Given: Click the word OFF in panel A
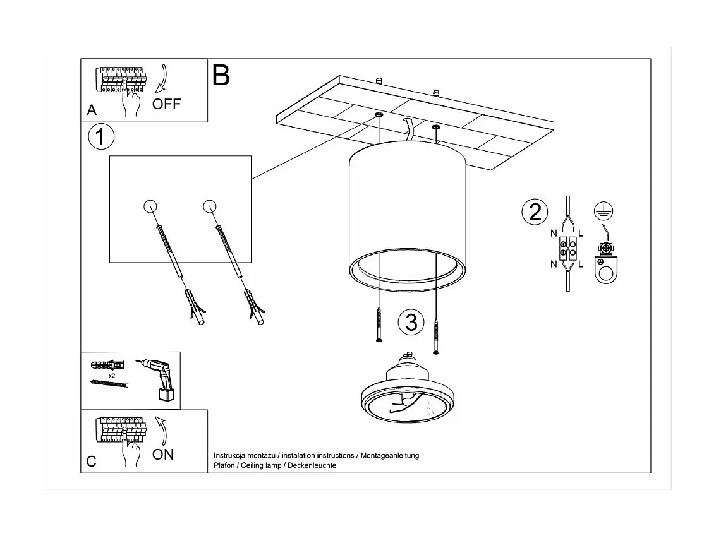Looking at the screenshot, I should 166,104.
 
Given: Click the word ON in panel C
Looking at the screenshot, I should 163,454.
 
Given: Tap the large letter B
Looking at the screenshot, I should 221,75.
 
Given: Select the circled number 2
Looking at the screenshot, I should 535,212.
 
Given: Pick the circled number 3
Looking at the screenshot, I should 411,323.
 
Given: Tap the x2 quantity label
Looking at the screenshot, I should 112,375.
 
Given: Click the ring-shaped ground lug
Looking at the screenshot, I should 605,271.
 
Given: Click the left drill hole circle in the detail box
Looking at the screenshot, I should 150,206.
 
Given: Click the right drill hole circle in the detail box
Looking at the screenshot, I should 210,206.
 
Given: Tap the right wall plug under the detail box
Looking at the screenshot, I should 252,307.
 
